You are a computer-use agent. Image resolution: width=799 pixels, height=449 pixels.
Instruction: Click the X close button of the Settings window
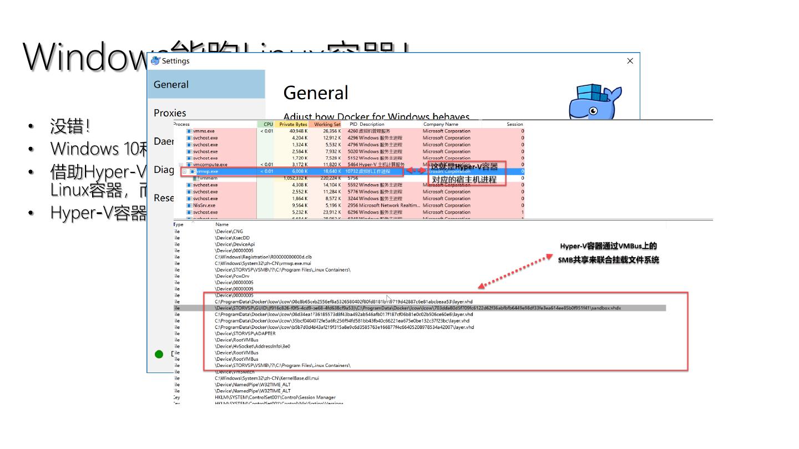pos(630,61)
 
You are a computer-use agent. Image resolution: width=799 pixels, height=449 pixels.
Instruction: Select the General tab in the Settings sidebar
pos(171,84)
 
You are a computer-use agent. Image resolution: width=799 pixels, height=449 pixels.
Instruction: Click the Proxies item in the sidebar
pos(170,113)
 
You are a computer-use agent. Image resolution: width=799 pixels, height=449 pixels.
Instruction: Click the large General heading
pos(316,93)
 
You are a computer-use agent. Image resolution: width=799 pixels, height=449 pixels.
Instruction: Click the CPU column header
pos(268,124)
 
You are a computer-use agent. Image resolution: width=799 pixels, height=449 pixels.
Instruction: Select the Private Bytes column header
pos(293,124)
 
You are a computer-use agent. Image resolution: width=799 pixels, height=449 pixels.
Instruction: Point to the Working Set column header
pos(327,124)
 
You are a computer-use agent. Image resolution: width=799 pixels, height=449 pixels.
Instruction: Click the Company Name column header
pos(441,124)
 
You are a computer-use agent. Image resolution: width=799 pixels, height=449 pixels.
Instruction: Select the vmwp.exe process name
pos(207,171)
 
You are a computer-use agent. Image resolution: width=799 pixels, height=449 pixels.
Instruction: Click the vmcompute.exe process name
pos(210,165)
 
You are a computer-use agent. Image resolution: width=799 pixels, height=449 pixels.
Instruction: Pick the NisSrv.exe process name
pos(204,205)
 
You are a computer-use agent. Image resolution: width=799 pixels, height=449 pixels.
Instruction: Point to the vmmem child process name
pos(208,178)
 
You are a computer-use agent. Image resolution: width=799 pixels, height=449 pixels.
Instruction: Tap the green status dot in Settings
pos(159,354)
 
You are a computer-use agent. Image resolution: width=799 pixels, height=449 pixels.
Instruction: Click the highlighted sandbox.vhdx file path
pos(418,308)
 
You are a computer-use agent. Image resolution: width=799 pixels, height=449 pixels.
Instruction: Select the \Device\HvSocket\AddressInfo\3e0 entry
pos(252,346)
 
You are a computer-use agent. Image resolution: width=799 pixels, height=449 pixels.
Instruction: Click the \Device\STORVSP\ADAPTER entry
pos(245,334)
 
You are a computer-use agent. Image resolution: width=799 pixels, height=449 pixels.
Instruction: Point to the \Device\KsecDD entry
pos(232,238)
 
